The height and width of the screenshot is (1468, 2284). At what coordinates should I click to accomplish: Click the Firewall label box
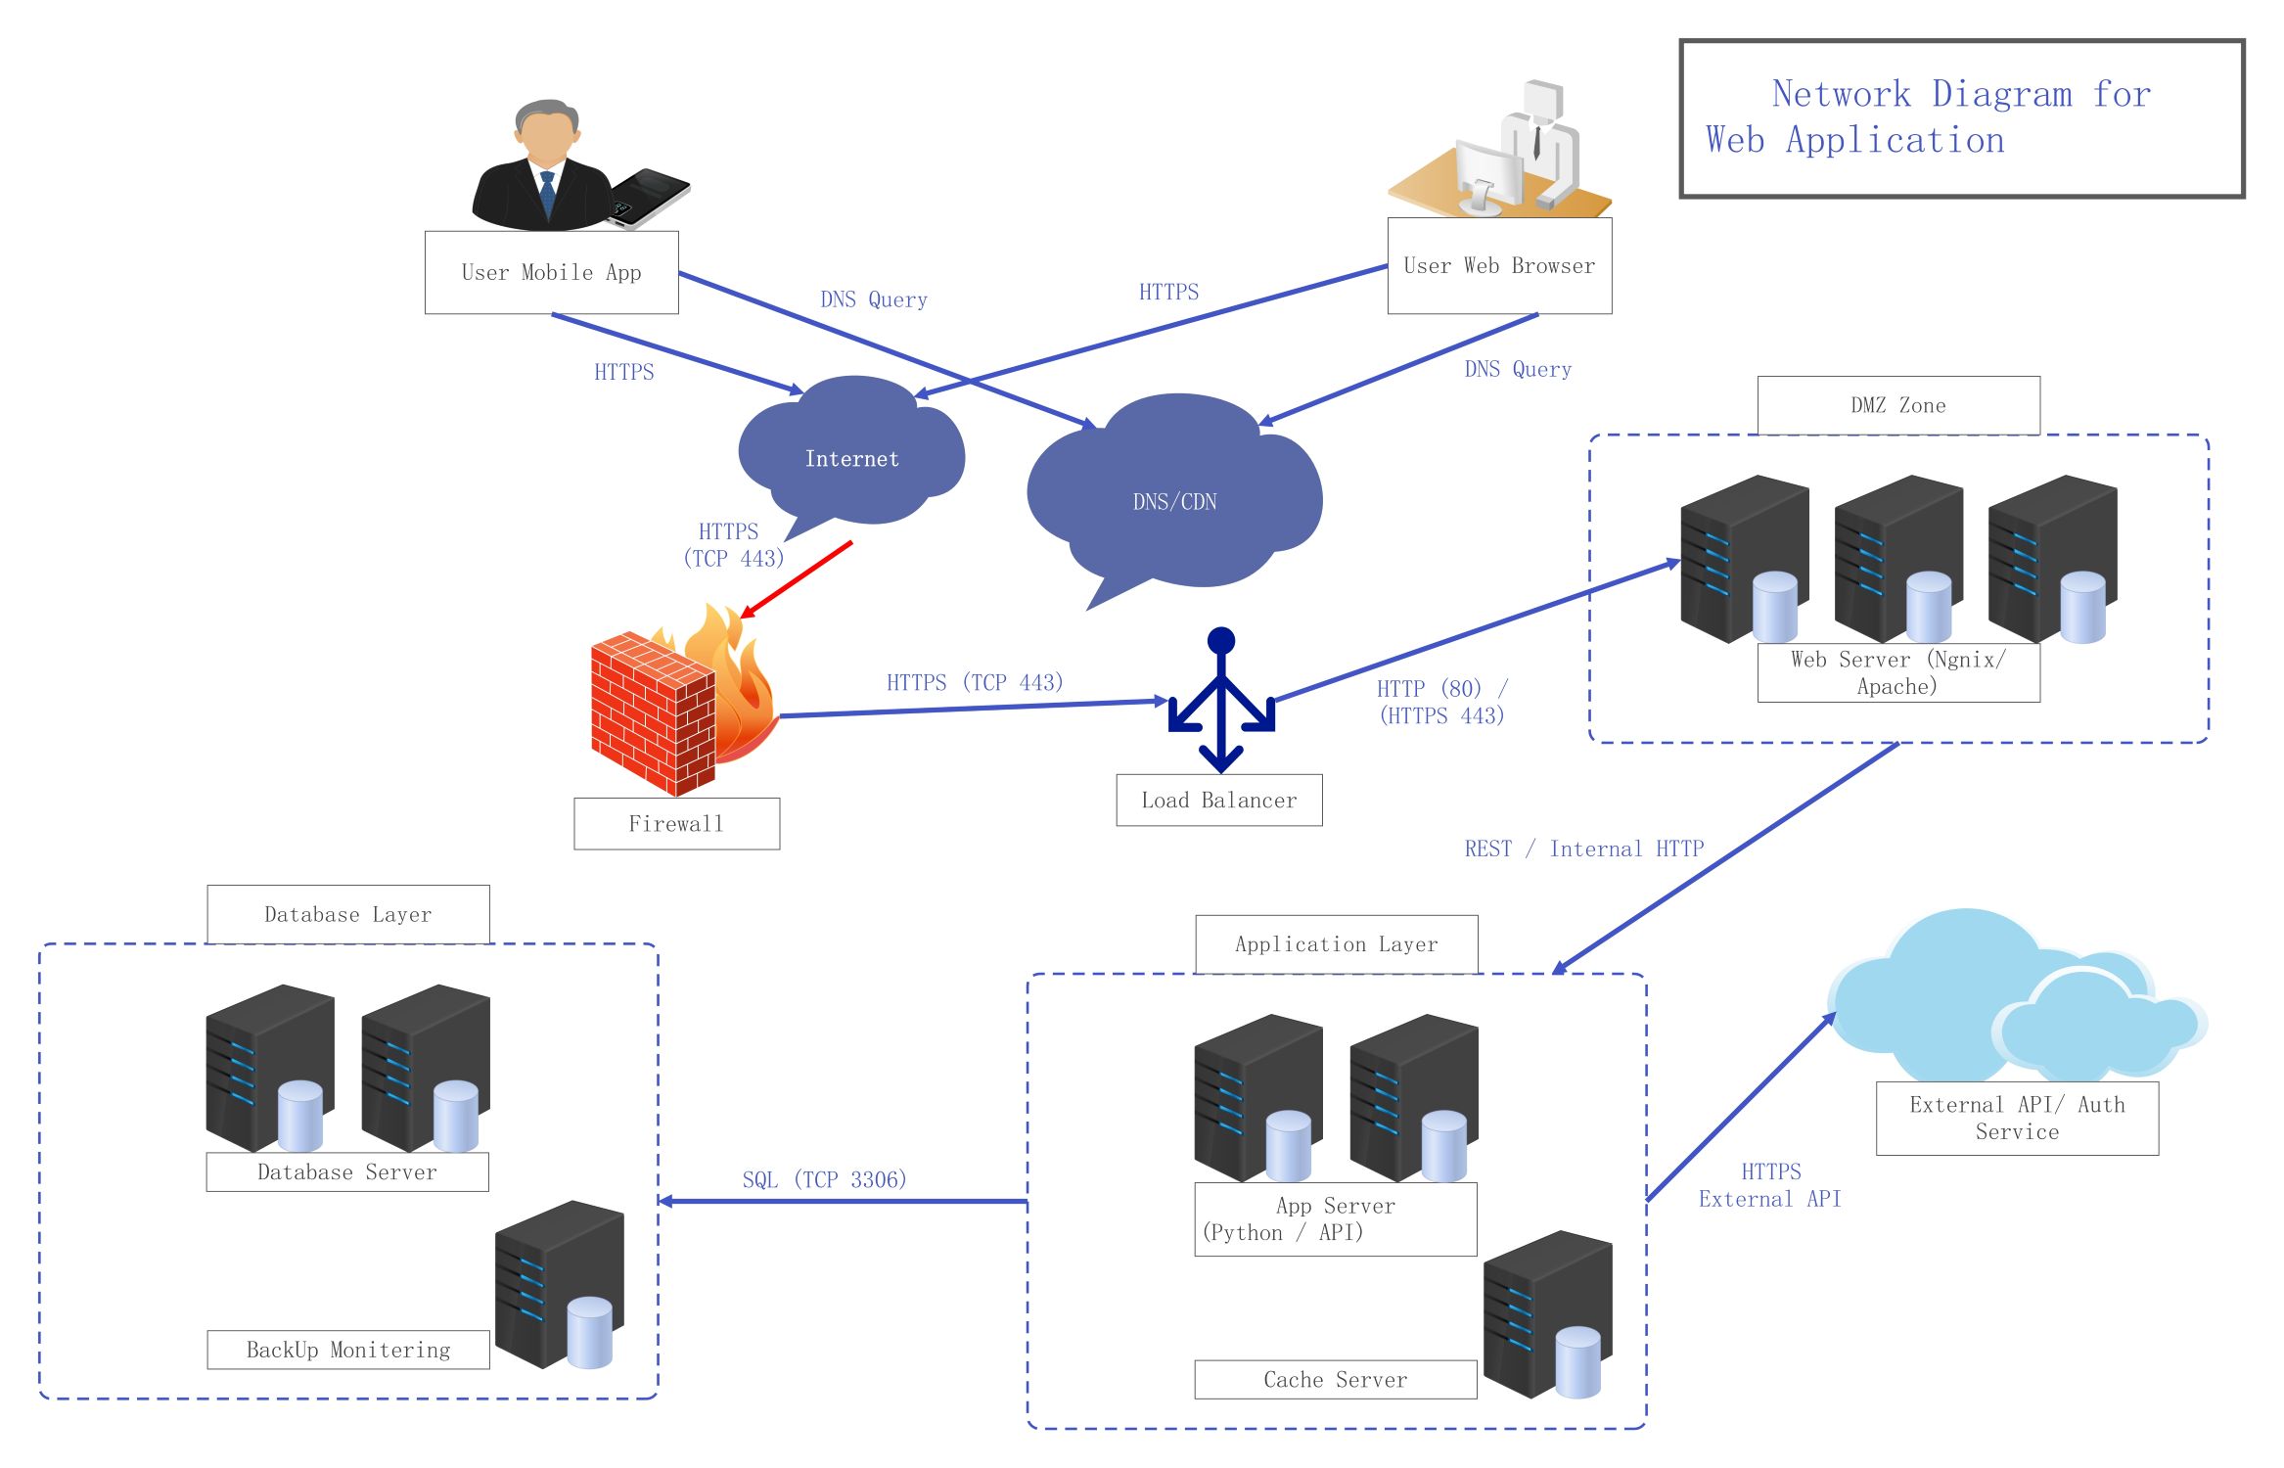(676, 824)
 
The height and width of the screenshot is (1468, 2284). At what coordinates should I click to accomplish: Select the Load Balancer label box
(1218, 801)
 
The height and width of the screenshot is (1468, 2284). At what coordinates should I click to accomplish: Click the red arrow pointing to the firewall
(798, 578)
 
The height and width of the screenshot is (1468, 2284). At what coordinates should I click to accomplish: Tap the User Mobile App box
(551, 272)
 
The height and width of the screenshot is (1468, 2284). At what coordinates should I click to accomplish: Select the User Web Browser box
(1498, 265)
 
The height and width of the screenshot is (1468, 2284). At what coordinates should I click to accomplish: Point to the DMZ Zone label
(1897, 405)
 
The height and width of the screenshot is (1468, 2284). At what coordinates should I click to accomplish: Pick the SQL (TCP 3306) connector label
(824, 1179)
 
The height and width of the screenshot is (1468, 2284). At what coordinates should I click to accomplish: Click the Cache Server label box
(1335, 1380)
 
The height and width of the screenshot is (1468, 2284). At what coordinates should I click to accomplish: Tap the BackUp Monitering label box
(347, 1350)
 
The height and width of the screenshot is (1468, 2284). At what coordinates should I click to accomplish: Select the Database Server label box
(346, 1171)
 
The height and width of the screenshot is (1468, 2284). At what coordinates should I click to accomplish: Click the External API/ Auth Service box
(2016, 1118)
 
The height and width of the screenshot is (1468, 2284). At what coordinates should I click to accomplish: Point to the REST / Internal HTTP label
(1583, 849)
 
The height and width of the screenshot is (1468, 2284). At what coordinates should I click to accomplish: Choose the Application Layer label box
(1336, 944)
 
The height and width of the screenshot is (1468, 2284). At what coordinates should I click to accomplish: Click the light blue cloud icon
(2006, 998)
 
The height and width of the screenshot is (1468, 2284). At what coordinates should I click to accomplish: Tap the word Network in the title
(1841, 94)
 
